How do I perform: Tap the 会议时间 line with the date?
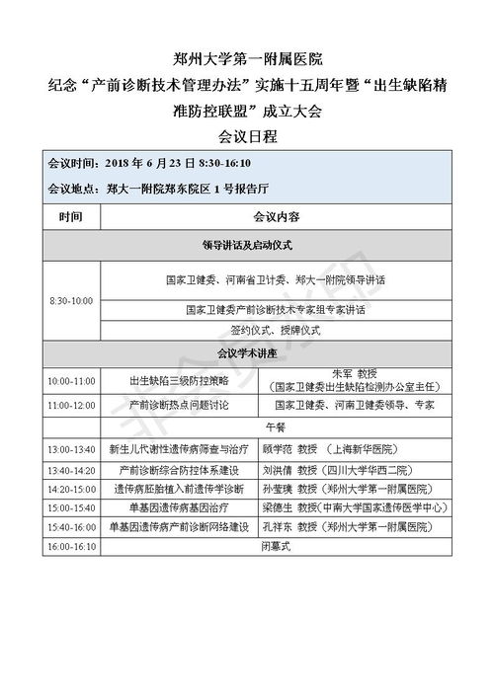[149, 163]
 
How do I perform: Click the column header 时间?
[70, 215]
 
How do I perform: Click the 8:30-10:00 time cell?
[70, 300]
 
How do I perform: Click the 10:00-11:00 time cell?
[70, 380]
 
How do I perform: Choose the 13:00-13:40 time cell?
[70, 448]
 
